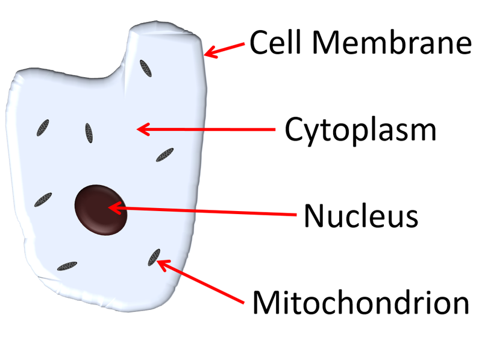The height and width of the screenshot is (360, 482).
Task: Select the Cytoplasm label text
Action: coord(360,129)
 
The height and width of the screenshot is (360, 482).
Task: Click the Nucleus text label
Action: coord(360,216)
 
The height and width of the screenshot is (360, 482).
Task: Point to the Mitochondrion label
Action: coord(360,303)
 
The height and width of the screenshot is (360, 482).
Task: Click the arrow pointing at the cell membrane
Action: coord(225,50)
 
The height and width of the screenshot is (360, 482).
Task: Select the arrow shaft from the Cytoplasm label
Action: coord(211,128)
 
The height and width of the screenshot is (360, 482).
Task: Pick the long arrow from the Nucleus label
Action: coord(211,210)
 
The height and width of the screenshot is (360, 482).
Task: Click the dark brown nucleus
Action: coord(101,208)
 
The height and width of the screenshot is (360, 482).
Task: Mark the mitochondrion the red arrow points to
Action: coord(154,257)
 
